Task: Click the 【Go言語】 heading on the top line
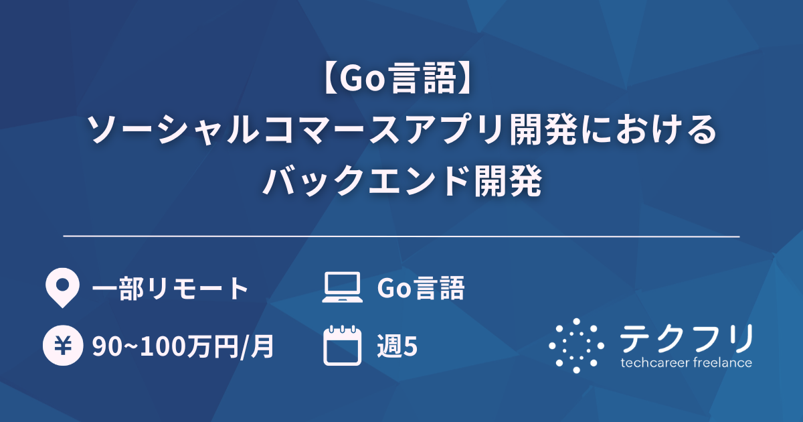click(x=401, y=82)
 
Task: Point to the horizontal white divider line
click(x=401, y=236)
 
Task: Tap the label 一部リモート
click(x=170, y=289)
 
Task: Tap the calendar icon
click(x=342, y=345)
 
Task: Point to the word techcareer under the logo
click(x=654, y=363)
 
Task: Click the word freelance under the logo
click(x=722, y=363)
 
